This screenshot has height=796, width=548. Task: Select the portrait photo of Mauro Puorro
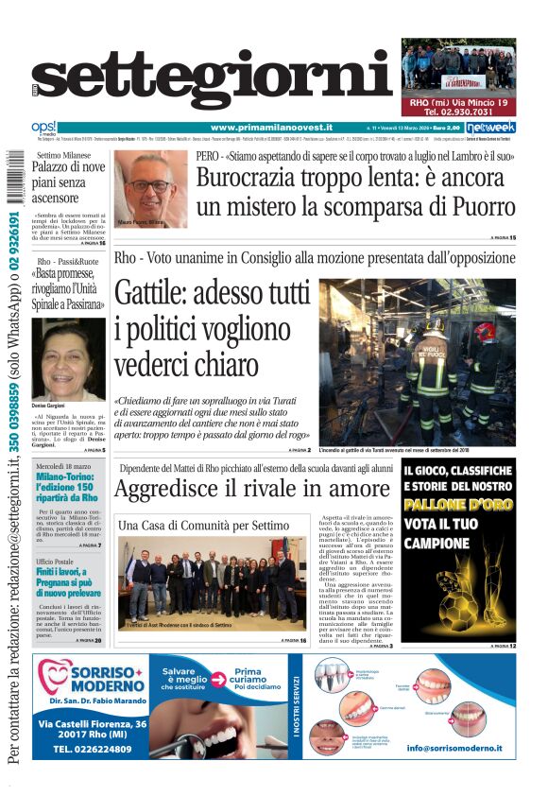point(151,187)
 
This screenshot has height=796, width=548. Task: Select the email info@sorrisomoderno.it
point(454,748)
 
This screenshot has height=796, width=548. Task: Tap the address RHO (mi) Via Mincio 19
point(458,102)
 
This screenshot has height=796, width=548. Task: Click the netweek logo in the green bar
point(490,128)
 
